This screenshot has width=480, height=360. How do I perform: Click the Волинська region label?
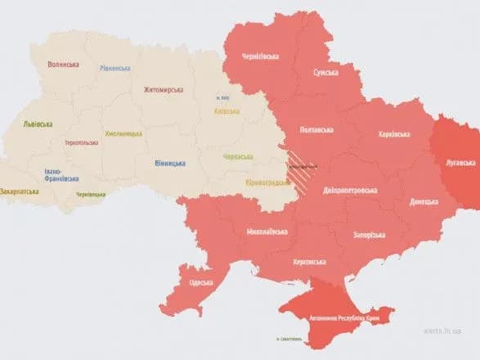63,64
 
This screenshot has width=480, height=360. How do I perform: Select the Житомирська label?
163,89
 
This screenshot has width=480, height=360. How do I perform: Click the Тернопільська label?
81,142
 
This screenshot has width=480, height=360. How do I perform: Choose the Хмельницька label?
123,133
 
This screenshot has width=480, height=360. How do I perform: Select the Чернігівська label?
260,56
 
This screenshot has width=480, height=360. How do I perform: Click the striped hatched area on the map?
303,164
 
